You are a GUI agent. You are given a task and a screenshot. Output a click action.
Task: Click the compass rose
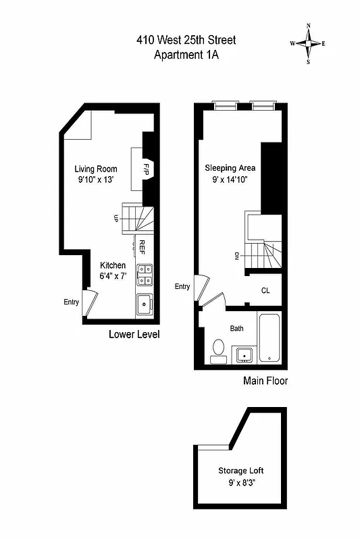point(309,43)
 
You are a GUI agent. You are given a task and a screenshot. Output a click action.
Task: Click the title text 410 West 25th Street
point(186,40)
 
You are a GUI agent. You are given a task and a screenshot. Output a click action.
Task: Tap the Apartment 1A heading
point(186,55)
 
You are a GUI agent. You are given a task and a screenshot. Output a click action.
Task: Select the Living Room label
point(96,169)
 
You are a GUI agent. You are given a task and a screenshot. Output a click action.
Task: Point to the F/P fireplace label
point(146,169)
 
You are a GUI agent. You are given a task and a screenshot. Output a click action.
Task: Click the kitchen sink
point(145,306)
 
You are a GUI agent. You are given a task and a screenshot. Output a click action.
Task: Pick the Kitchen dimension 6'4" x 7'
point(112,275)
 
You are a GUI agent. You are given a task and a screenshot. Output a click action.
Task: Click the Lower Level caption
point(134,334)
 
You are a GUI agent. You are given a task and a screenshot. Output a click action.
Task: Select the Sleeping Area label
point(230,167)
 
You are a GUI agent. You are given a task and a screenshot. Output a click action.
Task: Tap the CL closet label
point(266,291)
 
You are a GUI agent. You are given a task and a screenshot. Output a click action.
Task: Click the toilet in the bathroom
point(218,350)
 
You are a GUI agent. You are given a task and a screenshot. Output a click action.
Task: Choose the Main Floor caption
point(265,381)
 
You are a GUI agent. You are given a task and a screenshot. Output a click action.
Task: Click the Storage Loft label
point(240,470)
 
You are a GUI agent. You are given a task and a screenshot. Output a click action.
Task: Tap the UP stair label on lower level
point(116,219)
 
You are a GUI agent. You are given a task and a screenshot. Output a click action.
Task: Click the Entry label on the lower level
point(72,302)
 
